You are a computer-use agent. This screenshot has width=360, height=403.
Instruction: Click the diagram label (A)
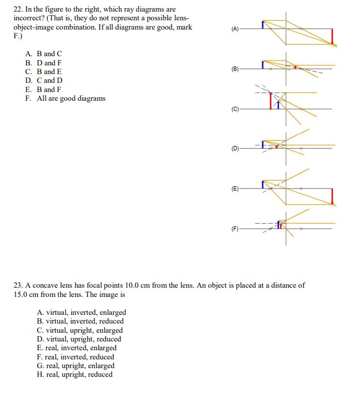coord(235,29)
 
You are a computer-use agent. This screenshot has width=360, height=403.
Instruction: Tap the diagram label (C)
coord(235,109)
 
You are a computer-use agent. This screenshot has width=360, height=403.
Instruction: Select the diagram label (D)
coord(235,149)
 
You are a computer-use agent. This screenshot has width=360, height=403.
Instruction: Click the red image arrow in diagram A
coord(332,36)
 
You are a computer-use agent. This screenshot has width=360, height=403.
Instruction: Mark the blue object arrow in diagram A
coord(263,24)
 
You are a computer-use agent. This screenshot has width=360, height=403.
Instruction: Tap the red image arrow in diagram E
coord(332,197)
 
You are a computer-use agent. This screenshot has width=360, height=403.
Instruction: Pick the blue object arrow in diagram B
coord(263,64)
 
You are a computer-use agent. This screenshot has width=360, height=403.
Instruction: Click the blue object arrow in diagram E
coord(263,185)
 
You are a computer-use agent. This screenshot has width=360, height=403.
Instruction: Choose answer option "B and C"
coord(49,54)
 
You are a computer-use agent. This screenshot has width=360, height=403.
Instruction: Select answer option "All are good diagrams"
coord(71,98)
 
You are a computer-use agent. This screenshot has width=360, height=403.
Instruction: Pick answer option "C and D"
coord(49,80)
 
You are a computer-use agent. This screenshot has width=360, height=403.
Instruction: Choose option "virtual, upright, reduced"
coord(83,339)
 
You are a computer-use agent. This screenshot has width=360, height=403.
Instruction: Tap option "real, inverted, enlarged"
coord(81,348)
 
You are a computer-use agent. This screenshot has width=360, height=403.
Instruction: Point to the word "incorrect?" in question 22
coord(31,18)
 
